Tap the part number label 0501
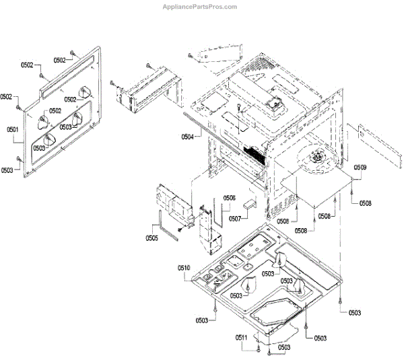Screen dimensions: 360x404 click(x=11, y=129)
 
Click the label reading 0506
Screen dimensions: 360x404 click(x=229, y=198)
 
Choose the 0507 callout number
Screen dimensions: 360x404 click(x=234, y=218)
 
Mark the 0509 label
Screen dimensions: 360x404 click(x=360, y=167)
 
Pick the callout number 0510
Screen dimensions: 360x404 click(x=184, y=268)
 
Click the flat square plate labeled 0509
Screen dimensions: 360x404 click(x=316, y=185)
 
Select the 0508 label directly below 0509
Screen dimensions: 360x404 click(x=365, y=203)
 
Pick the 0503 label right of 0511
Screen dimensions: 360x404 click(x=283, y=347)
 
